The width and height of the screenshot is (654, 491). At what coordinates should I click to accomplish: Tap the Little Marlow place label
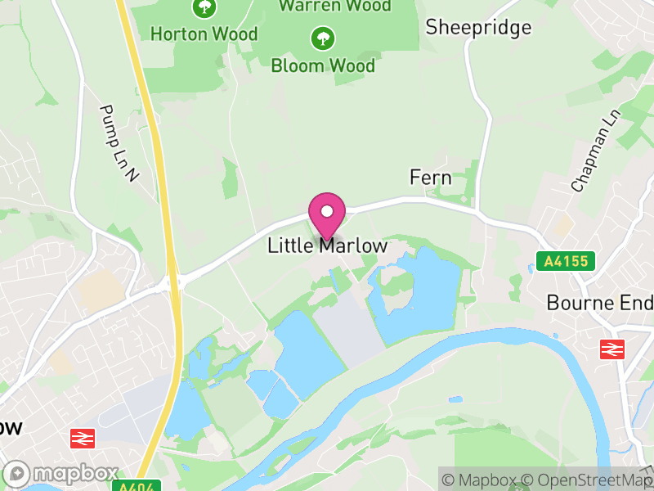tap(327, 245)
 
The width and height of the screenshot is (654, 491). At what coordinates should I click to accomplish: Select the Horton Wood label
tap(204, 34)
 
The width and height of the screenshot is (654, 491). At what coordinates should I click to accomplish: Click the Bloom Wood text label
tap(323, 65)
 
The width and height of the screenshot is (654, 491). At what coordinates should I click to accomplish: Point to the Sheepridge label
tap(478, 27)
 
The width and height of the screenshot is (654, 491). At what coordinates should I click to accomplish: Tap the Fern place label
tap(430, 178)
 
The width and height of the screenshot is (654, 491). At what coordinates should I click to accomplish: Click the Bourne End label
tap(599, 303)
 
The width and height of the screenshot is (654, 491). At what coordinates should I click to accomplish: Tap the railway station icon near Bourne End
tap(611, 349)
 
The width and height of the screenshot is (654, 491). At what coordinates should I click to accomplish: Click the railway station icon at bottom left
tap(83, 438)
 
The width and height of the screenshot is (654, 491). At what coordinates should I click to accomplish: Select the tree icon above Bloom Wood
tap(323, 37)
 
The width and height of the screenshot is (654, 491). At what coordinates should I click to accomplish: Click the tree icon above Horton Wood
tap(204, 8)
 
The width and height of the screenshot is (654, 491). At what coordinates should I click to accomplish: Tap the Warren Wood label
tap(334, 6)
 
